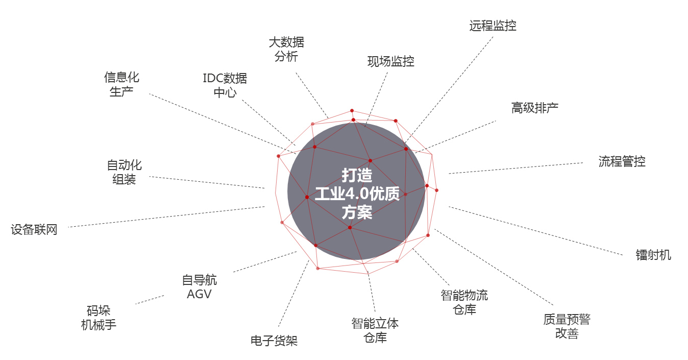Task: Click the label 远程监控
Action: click(493, 26)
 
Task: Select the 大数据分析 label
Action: click(286, 49)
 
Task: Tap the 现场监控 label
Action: click(390, 61)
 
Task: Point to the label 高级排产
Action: click(535, 108)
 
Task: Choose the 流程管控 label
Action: click(622, 161)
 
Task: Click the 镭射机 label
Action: click(653, 255)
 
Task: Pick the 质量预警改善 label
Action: click(567, 326)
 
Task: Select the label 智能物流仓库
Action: click(464, 302)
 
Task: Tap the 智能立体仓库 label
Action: click(375, 330)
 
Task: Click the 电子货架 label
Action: click(274, 341)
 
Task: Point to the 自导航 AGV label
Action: click(200, 287)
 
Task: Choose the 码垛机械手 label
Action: click(99, 318)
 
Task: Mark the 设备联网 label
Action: click(34, 229)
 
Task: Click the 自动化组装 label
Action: click(124, 172)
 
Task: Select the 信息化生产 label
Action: click(121, 84)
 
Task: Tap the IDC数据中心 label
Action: click(225, 85)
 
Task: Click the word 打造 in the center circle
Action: click(357, 175)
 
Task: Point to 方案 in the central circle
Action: click(357, 212)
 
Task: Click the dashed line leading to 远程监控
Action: click(449, 90)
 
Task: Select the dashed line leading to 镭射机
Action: click(536, 231)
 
